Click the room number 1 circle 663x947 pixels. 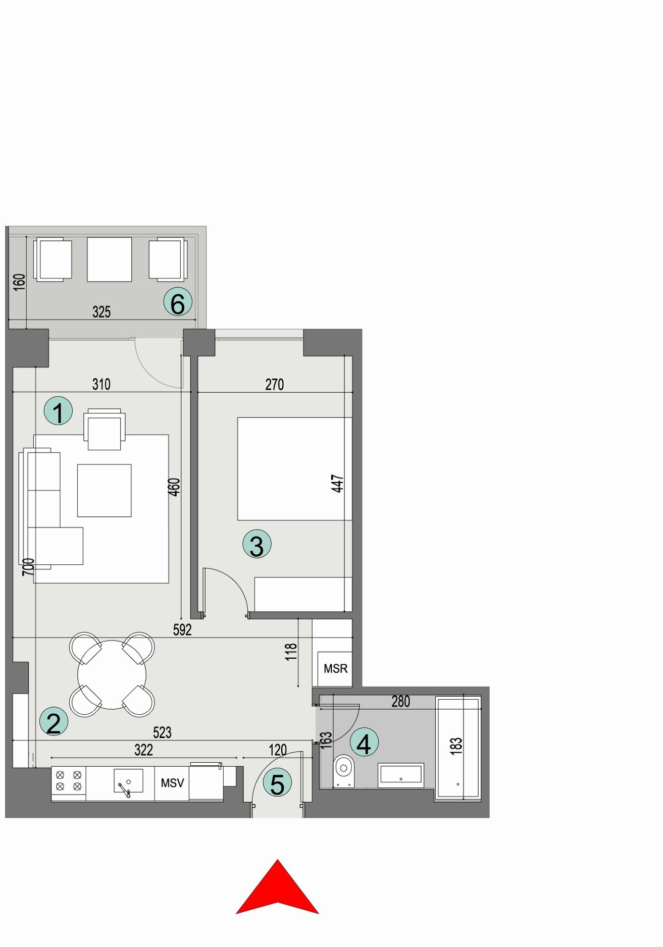pos(58,411)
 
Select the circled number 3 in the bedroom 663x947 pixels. pos(257,544)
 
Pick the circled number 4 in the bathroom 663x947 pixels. pos(364,742)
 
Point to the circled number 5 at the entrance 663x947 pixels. pos(277,783)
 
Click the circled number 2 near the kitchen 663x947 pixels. pos(54,721)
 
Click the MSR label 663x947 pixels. pos(335,669)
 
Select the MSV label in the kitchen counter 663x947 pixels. pos(172,783)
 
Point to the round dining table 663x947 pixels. pos(112,674)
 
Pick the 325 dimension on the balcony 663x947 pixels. pos(101,312)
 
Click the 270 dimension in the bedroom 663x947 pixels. pos(274,385)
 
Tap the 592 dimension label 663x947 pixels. pos(182,629)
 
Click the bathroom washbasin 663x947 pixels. pos(401,775)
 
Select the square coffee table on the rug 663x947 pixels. pos(104,490)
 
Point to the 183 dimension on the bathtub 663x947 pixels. pos(456,746)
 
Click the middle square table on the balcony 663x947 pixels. pos(109,259)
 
